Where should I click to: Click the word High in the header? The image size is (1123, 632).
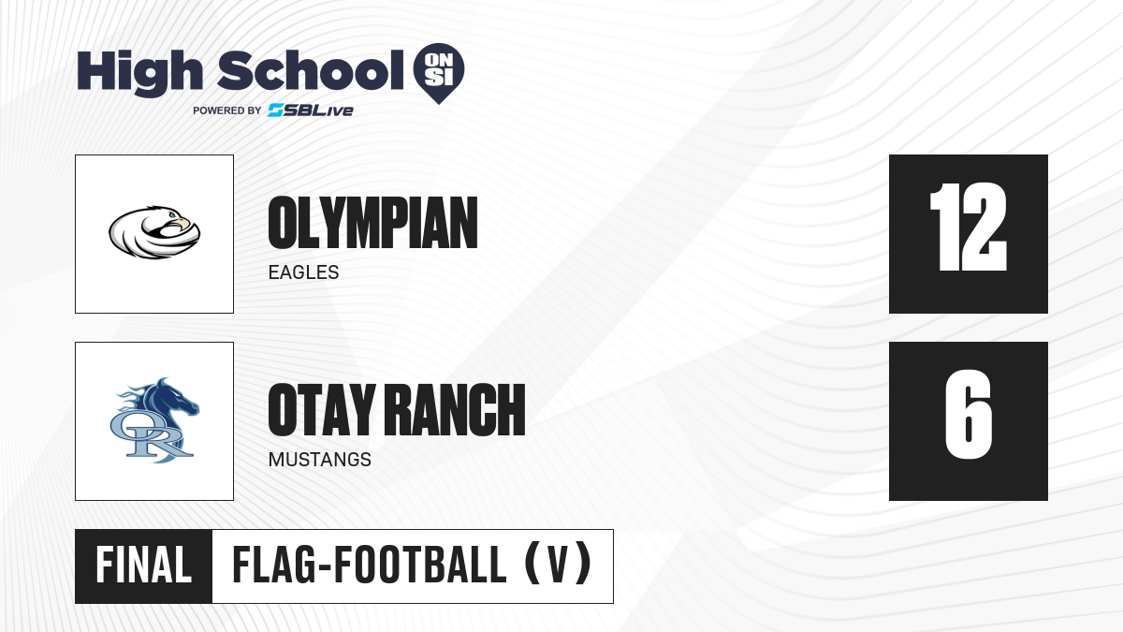139,72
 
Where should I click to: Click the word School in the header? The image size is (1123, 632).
311,69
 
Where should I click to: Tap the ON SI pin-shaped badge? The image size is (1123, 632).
439,73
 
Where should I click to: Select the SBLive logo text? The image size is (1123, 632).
311,110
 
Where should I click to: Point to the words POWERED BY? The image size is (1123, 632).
227,110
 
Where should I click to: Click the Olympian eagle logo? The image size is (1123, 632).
154,232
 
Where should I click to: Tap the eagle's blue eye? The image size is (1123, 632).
172,215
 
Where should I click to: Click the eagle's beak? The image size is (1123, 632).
183,223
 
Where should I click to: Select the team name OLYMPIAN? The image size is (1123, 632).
372,223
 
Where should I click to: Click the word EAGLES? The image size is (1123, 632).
303,272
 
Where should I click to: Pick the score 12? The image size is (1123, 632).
968,227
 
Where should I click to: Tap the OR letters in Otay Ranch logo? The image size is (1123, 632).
151,435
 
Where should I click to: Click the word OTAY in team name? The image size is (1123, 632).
322,410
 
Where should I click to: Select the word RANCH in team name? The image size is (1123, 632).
458,410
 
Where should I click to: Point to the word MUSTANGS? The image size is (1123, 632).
319,460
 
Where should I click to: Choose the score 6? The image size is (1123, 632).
968,414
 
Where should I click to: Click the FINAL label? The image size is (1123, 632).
143,566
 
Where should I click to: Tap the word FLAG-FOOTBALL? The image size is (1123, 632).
369,566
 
